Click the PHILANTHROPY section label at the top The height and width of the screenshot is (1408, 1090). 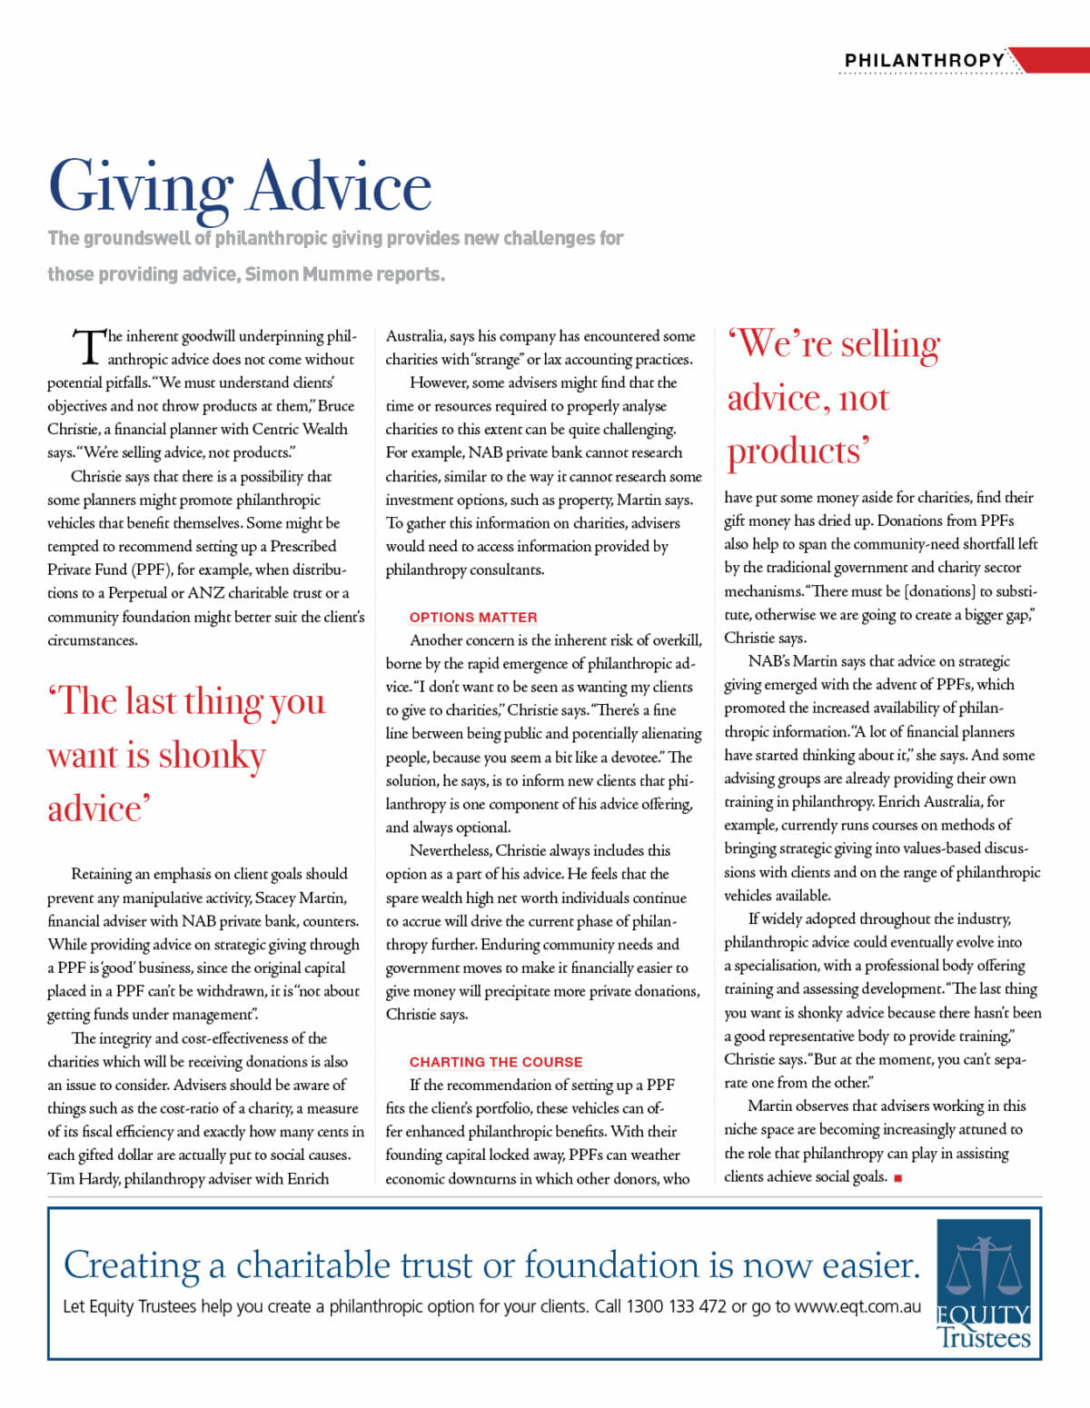click(x=924, y=60)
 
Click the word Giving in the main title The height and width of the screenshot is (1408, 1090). click(x=141, y=188)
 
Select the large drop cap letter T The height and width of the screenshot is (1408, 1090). click(x=89, y=346)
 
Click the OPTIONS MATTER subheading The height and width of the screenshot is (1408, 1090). click(x=473, y=617)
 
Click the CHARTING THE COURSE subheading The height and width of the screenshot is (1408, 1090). click(x=496, y=1061)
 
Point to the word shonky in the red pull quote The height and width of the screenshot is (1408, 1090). click(x=213, y=756)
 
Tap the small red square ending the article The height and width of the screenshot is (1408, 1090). click(x=898, y=1178)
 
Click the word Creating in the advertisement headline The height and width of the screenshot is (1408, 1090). click(x=132, y=1265)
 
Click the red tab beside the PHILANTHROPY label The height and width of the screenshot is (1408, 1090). click(x=1049, y=60)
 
